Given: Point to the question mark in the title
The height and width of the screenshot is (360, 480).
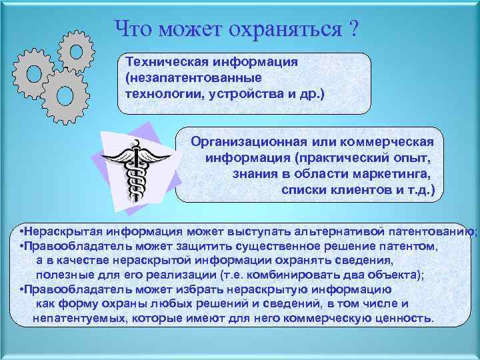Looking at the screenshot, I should coord(351,29).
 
